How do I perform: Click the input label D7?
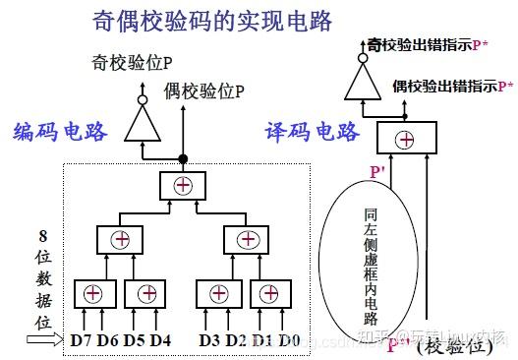pos(83,339)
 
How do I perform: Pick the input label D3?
pos(209,339)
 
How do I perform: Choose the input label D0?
pos(288,339)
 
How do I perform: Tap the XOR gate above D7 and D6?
pos(93,292)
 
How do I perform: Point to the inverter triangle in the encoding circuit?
pos(144,122)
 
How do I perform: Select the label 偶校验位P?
pos(202,91)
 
